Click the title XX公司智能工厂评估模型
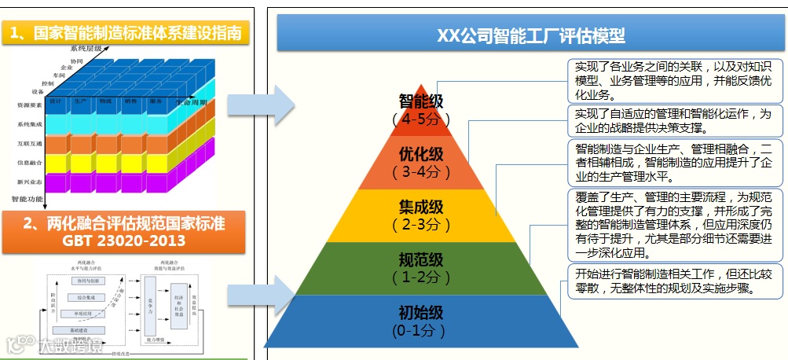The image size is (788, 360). [x=530, y=35]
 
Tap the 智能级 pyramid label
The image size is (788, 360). [x=421, y=101]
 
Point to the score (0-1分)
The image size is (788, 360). [x=420, y=331]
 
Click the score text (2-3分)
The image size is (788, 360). [x=420, y=225]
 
